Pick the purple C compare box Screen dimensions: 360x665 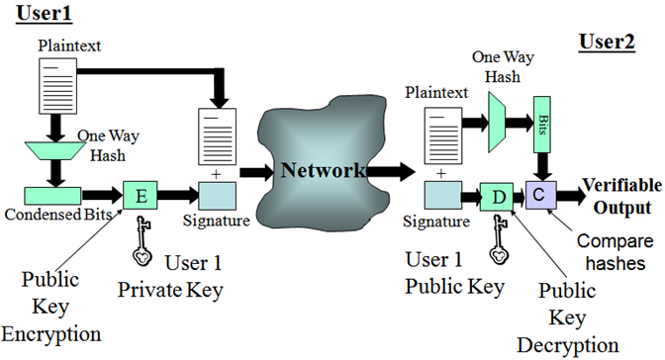pos(541,194)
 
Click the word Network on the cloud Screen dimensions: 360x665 pos(324,169)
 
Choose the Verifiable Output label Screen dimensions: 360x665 pos(617,196)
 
